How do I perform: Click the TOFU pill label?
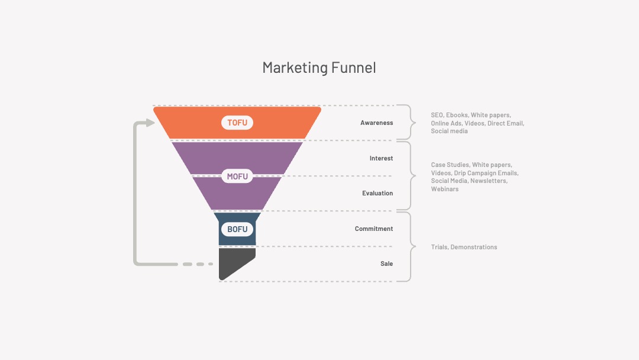[x=237, y=123]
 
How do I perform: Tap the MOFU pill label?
[x=237, y=176]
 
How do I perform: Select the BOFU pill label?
[x=237, y=229]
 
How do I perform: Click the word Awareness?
[x=376, y=123]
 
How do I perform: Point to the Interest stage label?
[x=382, y=158]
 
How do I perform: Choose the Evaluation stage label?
[x=377, y=193]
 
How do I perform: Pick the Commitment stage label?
[x=374, y=229]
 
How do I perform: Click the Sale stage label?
[x=387, y=263]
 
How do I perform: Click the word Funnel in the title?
[x=354, y=67]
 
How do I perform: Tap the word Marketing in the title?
[x=295, y=68]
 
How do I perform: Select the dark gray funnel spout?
[x=236, y=264]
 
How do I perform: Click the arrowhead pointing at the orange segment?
[x=150, y=123]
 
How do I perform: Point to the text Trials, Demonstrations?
[x=464, y=247]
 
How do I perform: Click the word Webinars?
[x=444, y=189]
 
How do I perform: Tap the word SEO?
[x=437, y=115]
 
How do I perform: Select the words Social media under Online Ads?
[x=449, y=131]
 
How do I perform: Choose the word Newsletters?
[x=489, y=181]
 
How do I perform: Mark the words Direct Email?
[x=506, y=124]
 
